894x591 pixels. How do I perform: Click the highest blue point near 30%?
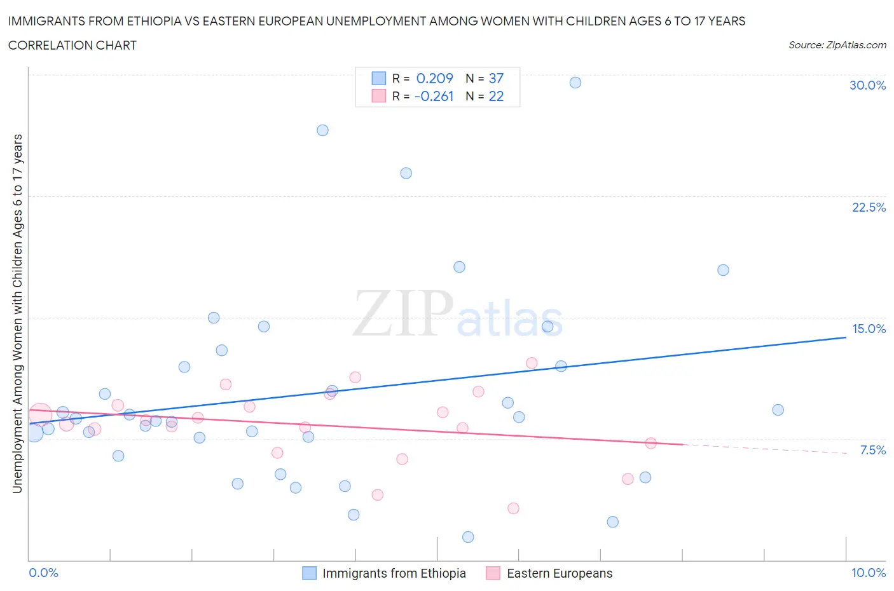(575, 83)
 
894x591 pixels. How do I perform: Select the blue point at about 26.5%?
(322, 130)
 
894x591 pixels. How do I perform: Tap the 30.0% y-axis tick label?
(867, 85)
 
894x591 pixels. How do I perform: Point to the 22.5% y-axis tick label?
(869, 207)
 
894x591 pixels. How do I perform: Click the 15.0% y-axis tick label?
(869, 329)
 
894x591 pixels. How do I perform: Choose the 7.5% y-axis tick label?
(872, 450)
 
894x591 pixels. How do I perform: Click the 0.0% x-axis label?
(44, 573)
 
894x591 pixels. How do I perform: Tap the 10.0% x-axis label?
(868, 573)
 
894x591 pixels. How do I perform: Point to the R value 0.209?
(434, 78)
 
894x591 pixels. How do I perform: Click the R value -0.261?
(434, 96)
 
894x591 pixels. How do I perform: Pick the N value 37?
(496, 78)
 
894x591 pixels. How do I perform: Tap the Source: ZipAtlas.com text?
(837, 44)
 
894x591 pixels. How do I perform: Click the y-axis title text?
(17, 313)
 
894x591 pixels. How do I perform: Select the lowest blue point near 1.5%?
(468, 537)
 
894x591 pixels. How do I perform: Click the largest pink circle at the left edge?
(40, 415)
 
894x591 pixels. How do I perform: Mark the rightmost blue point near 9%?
(778, 410)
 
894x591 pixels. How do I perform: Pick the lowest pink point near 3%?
(513, 508)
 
